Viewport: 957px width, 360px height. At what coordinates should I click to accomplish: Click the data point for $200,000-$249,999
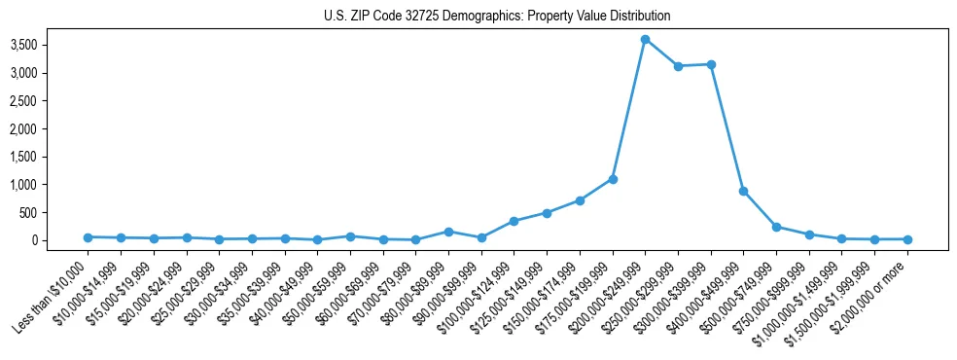[x=645, y=39]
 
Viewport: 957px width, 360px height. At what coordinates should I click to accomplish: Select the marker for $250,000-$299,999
[x=678, y=66]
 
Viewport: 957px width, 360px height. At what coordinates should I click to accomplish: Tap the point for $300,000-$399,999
[x=711, y=64]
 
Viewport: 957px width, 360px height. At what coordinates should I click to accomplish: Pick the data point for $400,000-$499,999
[x=743, y=191]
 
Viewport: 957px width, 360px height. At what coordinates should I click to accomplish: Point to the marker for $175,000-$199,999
[x=613, y=179]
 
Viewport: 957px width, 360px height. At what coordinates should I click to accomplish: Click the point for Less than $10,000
[x=88, y=236]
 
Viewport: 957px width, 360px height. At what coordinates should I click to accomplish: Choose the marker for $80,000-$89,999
[x=448, y=232]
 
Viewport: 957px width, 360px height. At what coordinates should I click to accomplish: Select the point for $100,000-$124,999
[x=514, y=221]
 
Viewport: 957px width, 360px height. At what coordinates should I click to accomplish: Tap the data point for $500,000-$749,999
[x=776, y=227]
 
